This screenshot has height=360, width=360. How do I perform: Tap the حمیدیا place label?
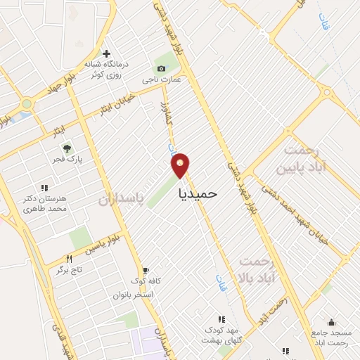click(x=198, y=192)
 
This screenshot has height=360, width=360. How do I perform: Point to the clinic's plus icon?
click(x=106, y=53)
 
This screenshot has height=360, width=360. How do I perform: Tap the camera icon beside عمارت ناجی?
click(x=162, y=68)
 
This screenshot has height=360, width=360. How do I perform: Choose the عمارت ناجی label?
click(x=162, y=79)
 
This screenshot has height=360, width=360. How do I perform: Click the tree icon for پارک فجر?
click(x=67, y=148)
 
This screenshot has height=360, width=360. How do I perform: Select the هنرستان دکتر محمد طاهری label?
click(x=44, y=205)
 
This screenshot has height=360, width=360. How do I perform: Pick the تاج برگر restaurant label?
click(x=70, y=269)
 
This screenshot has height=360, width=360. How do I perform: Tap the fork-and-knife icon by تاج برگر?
click(x=69, y=259)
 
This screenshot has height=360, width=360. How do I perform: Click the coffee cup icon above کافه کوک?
click(x=146, y=270)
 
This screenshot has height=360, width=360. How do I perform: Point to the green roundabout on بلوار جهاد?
click(x=27, y=104)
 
